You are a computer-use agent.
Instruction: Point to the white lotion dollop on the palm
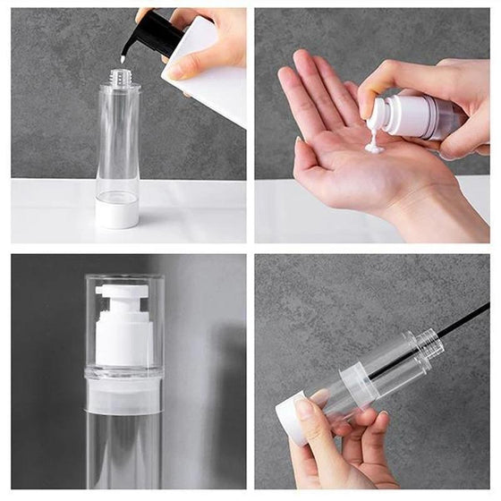pyautogui.click(x=374, y=143)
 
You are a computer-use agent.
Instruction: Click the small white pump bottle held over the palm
pyautogui.click(x=413, y=116)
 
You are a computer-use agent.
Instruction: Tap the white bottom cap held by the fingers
pyautogui.click(x=291, y=418)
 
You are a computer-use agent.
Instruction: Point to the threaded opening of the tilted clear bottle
pyautogui.click(x=430, y=341)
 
